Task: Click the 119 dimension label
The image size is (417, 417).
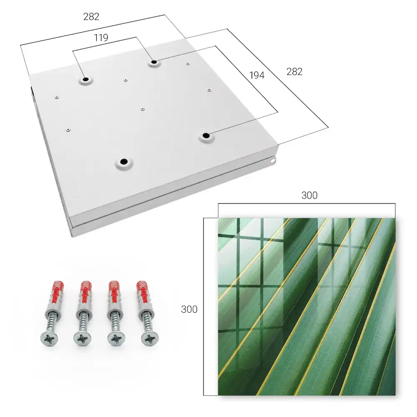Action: [x=101, y=38]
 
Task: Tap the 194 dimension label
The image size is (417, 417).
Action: [x=257, y=75]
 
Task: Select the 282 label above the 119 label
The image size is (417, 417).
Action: [x=91, y=17]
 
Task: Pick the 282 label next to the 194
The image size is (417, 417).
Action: [x=294, y=72]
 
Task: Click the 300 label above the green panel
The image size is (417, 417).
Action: [x=309, y=195]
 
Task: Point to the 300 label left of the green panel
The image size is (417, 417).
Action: [x=189, y=309]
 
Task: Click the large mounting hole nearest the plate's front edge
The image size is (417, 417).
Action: [x=124, y=161]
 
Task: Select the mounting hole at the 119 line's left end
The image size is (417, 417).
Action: [x=85, y=79]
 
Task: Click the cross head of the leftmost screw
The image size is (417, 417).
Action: [x=49, y=339]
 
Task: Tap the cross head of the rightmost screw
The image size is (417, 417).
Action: [x=150, y=339]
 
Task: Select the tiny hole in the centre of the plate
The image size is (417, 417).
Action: [x=143, y=109]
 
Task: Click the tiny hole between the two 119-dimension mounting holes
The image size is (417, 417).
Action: [x=126, y=80]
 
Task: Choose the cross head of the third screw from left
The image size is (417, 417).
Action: [x=116, y=339]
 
